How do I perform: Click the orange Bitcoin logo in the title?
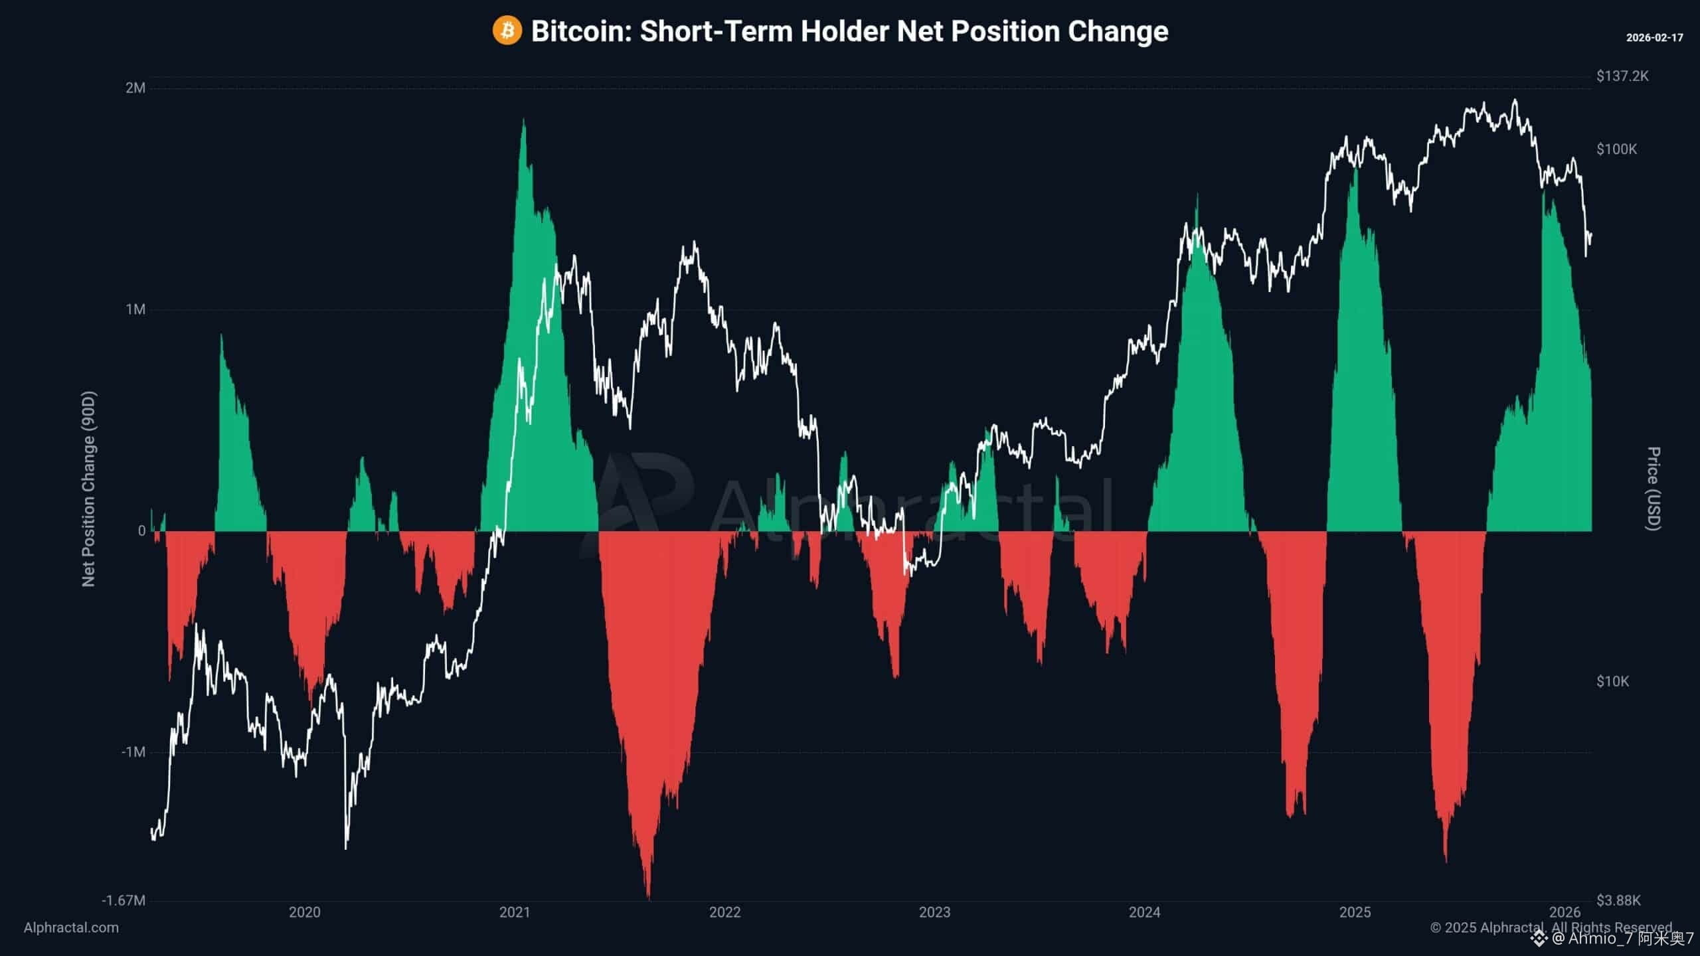click(507, 31)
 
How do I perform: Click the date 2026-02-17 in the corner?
click(1654, 38)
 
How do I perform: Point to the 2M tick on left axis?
click(135, 88)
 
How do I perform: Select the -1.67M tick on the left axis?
click(124, 900)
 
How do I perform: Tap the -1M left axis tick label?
click(133, 752)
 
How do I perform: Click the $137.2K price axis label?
click(1622, 76)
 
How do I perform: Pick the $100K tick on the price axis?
click(1616, 149)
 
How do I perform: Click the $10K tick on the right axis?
click(1612, 681)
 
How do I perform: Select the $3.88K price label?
click(1618, 900)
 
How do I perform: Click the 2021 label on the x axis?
click(515, 912)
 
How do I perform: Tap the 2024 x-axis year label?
click(1144, 912)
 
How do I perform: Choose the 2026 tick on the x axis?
click(1565, 912)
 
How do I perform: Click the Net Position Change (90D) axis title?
click(88, 489)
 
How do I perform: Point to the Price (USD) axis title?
click(1653, 489)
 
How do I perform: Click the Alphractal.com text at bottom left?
click(71, 927)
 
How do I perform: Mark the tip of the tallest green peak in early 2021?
click(524, 120)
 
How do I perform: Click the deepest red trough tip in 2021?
click(648, 898)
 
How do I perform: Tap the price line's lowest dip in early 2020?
click(346, 847)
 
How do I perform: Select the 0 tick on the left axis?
click(141, 530)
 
